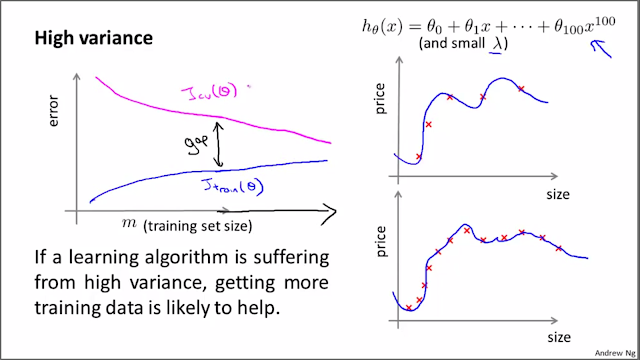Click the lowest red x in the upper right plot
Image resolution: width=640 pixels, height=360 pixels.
click(x=418, y=157)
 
